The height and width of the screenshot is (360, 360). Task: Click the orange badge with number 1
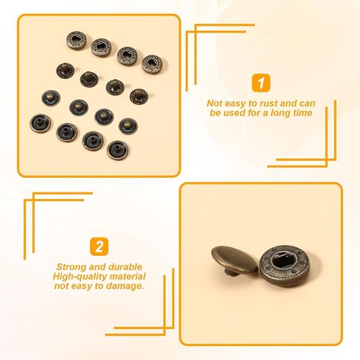point(261,82)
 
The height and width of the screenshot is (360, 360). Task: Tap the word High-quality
point(76,276)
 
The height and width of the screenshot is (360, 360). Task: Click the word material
point(122,276)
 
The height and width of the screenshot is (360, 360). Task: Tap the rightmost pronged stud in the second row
point(137,95)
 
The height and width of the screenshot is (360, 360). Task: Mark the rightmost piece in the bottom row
point(117,150)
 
